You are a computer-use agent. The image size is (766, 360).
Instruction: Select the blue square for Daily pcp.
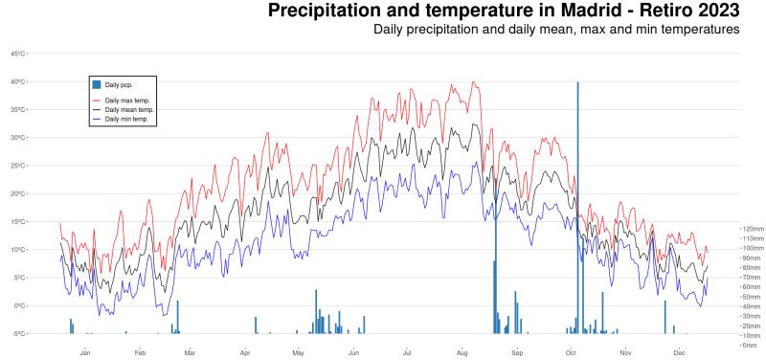coord(97,85)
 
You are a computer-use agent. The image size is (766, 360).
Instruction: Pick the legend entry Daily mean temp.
coord(128,110)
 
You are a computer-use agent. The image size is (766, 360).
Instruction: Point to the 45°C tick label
coord(17,54)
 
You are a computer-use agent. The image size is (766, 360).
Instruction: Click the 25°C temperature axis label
coord(17,166)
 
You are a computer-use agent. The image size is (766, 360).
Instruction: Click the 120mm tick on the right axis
coord(753,229)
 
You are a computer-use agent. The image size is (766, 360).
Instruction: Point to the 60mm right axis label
coord(751,287)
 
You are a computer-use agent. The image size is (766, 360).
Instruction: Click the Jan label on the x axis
coord(85,352)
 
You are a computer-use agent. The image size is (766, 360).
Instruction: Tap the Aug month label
coord(462,352)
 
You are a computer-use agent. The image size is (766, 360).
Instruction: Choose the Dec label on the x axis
coord(679,352)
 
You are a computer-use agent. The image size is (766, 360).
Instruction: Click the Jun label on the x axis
coord(353,352)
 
